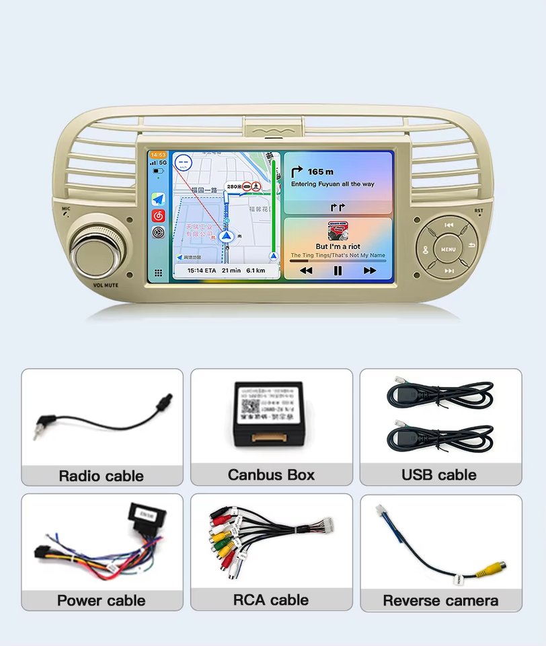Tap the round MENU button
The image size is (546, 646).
(448, 249)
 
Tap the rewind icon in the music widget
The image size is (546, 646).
(306, 271)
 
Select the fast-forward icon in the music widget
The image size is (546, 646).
(369, 271)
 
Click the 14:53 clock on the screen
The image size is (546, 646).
(158, 155)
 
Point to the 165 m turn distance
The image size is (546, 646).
(320, 172)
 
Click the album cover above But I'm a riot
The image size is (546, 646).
(338, 231)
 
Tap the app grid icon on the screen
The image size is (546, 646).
(158, 273)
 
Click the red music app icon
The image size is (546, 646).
(158, 216)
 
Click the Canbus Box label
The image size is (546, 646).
(271, 474)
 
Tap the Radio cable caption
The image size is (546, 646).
(102, 476)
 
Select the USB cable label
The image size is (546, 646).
(439, 474)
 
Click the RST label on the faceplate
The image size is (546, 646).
(479, 211)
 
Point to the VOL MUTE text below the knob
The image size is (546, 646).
(106, 285)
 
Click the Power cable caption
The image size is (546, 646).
(102, 600)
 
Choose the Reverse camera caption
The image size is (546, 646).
(440, 601)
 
